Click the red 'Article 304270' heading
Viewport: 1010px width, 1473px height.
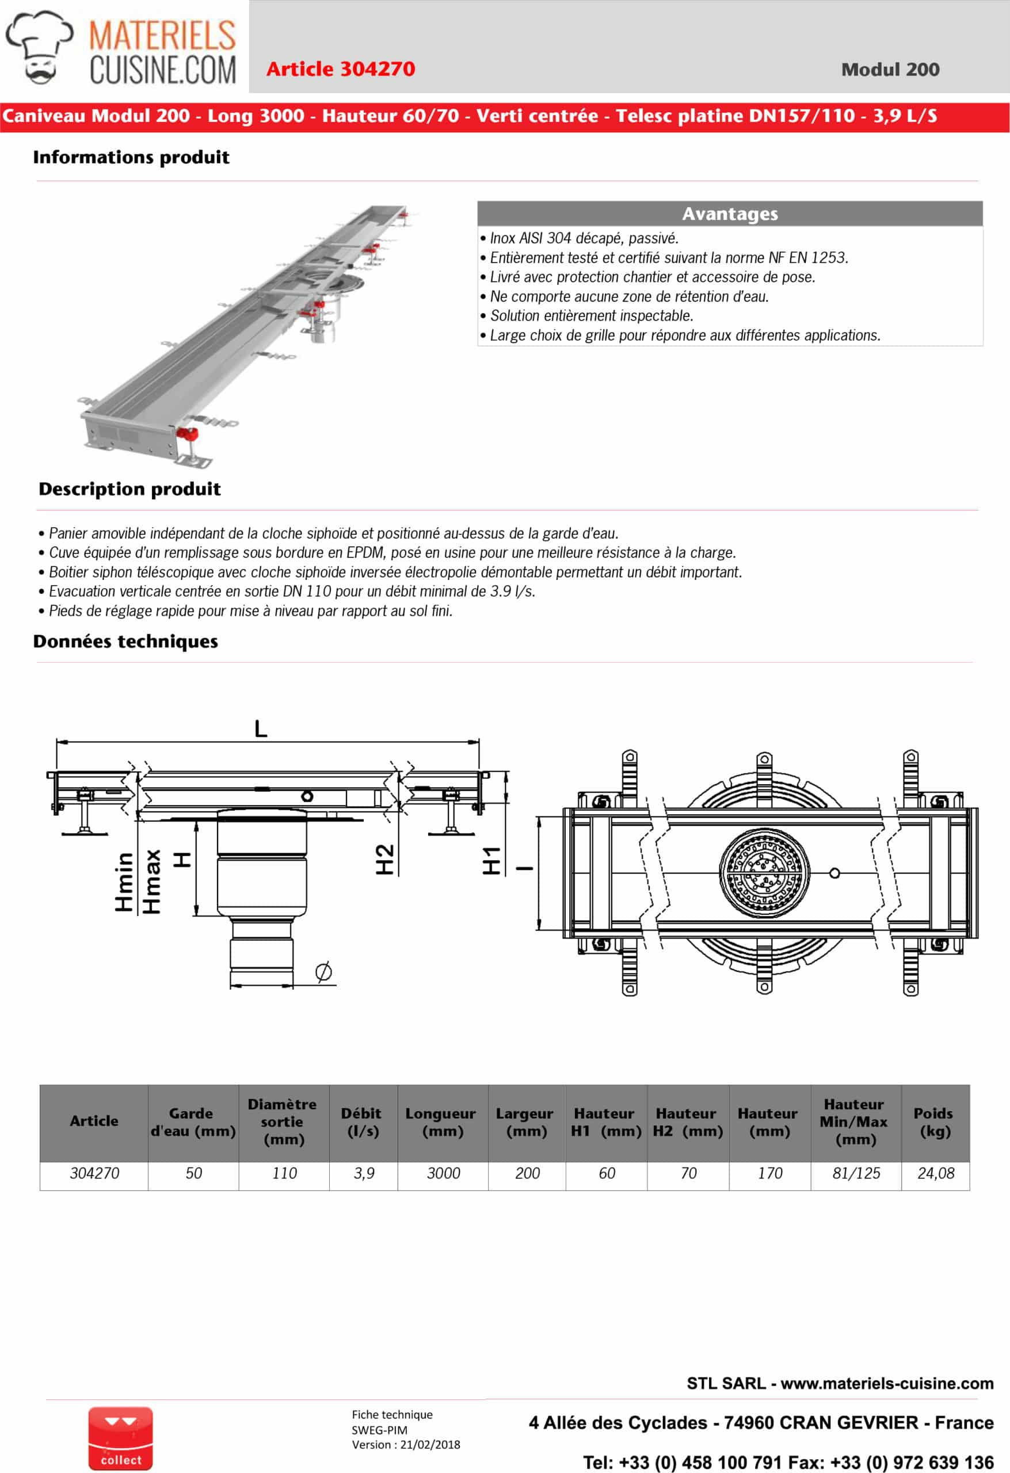point(341,69)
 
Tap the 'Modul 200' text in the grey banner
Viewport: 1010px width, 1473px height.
point(890,70)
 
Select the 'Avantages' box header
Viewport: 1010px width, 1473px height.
point(729,213)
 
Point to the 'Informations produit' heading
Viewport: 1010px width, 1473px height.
point(131,157)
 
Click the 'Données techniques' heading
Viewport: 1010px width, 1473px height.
point(125,642)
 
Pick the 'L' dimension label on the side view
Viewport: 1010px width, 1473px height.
point(261,729)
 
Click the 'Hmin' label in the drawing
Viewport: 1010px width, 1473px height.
point(124,881)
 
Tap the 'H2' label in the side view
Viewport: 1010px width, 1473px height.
point(385,860)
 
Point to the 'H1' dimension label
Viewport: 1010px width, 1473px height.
point(492,861)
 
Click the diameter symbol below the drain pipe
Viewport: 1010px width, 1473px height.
point(323,972)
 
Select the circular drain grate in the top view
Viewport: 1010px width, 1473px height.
point(764,873)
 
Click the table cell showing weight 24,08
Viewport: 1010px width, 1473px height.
point(935,1173)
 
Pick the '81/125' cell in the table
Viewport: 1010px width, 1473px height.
point(855,1173)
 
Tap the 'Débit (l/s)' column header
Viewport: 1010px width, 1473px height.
point(363,1123)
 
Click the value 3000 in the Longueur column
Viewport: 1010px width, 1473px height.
point(443,1173)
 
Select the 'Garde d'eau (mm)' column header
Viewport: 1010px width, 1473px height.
point(193,1123)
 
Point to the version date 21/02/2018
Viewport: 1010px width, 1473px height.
point(430,1444)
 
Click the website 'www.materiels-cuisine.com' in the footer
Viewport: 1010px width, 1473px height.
point(886,1384)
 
